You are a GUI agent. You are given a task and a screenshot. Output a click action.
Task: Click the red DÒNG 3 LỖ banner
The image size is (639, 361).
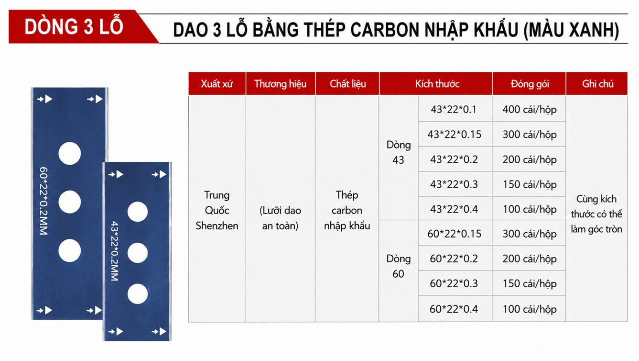(x=80, y=27)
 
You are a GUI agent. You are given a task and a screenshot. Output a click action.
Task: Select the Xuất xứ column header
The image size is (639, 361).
(x=217, y=83)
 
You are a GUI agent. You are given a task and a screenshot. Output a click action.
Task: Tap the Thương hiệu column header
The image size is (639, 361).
(x=281, y=83)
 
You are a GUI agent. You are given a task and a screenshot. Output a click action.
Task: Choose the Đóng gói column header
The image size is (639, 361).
(x=530, y=83)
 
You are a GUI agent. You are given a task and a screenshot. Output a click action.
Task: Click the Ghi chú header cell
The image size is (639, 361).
(x=597, y=83)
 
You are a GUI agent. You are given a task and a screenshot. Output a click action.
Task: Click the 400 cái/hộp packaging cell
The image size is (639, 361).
(x=530, y=109)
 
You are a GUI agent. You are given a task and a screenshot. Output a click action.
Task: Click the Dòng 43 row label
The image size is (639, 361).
(x=399, y=152)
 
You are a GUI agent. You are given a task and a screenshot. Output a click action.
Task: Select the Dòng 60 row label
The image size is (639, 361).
(x=399, y=266)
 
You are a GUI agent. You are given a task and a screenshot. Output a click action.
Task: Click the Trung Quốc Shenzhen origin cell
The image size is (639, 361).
(x=217, y=210)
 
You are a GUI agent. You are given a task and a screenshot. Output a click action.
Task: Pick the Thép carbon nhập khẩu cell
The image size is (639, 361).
(x=347, y=210)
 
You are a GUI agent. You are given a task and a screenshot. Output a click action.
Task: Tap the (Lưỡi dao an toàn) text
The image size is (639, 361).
(x=280, y=218)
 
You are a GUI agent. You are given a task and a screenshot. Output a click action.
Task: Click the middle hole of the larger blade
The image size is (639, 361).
(x=70, y=202)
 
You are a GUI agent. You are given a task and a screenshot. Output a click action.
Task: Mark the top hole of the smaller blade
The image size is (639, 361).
(x=138, y=212)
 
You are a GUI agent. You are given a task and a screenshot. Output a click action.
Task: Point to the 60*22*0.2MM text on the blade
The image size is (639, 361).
(x=43, y=201)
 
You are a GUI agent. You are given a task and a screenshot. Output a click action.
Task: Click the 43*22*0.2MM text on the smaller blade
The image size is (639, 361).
(x=114, y=251)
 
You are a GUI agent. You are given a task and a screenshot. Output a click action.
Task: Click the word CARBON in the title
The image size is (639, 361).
(x=385, y=29)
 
